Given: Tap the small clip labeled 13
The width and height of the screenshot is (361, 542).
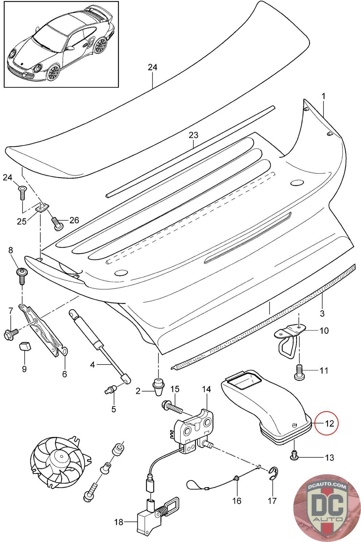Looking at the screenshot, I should [294, 456].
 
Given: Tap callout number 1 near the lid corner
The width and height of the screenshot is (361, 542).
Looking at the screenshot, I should [323, 96].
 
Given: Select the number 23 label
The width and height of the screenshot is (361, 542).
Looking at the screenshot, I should [193, 135].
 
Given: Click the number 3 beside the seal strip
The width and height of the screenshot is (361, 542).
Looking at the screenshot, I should [322, 313].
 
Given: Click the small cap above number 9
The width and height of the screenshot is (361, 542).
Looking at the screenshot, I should [24, 347].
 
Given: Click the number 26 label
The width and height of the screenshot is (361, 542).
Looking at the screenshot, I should [74, 221].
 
